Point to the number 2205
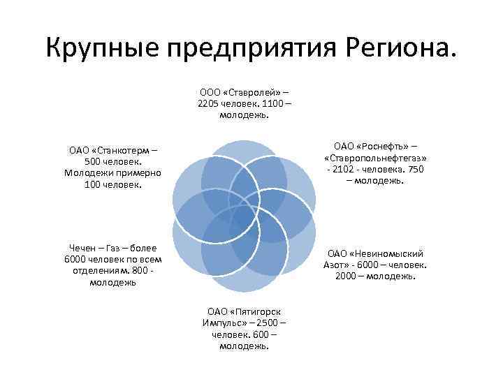coord(209,103)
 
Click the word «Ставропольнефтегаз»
coord(376,158)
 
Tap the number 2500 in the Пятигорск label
coord(271,323)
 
